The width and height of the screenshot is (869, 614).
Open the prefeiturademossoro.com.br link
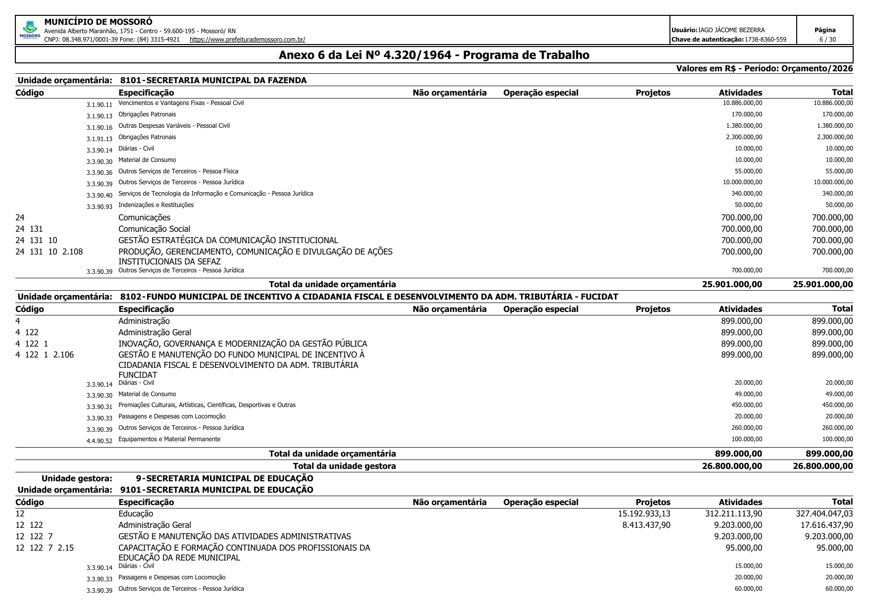247,39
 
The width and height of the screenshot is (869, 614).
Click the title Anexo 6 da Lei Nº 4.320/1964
434,55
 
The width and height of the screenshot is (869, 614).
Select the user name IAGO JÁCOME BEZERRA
731,30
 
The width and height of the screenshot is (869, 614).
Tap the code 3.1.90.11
99,105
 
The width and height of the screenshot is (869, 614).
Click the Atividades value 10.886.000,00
742,103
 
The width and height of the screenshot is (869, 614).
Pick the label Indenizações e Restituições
156,205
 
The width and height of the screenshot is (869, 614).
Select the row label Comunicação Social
154,229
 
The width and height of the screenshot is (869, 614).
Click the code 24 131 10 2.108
49,252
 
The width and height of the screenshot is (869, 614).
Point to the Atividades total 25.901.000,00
732,284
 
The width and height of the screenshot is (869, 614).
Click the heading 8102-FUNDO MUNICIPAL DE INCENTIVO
369,297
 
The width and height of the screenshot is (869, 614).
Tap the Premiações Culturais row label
207,405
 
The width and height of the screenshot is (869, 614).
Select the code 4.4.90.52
99,441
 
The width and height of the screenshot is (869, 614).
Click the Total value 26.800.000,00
822,466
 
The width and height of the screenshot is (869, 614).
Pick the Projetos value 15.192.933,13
644,513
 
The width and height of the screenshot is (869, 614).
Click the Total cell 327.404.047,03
824,513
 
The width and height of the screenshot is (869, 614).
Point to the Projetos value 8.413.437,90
646,525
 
